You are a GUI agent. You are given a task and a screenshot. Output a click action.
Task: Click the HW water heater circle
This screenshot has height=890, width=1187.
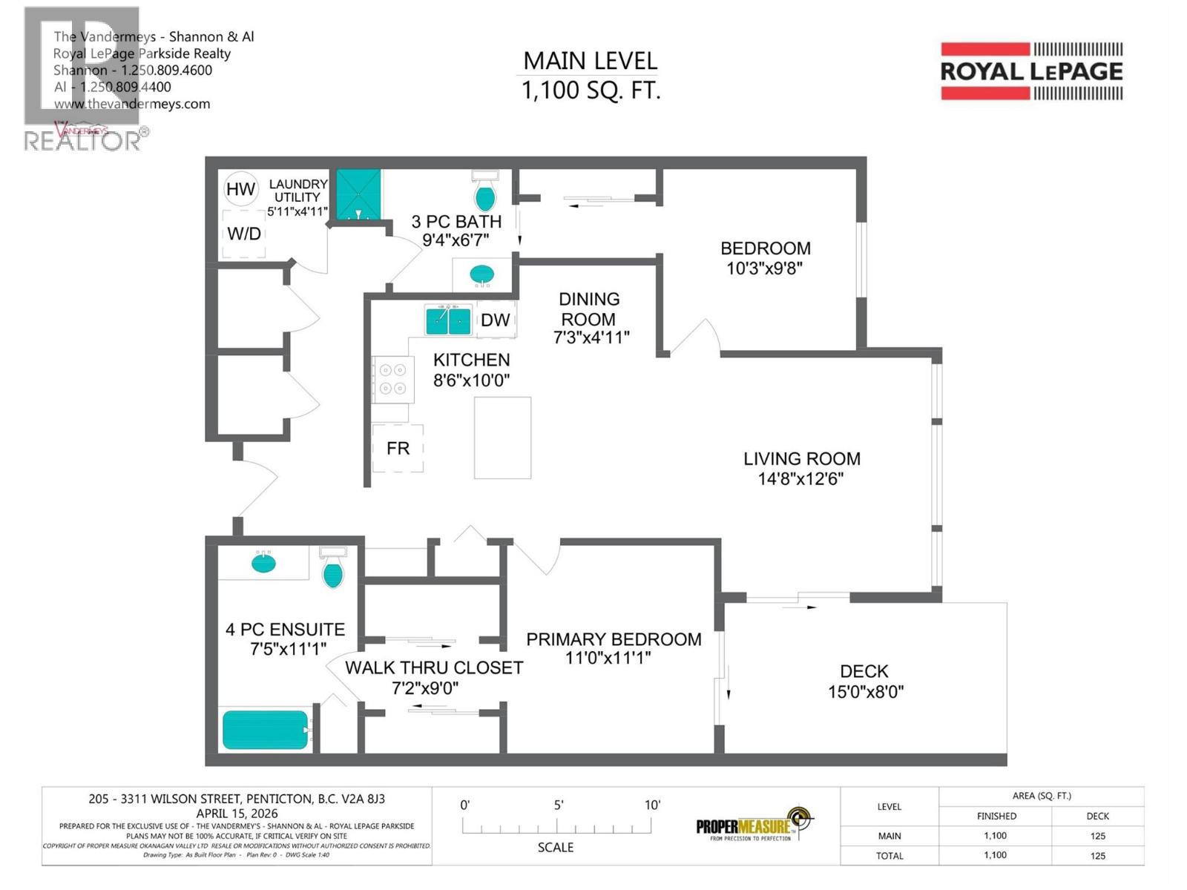point(240,189)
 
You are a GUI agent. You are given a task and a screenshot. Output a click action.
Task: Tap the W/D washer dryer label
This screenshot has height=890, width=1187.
point(244,234)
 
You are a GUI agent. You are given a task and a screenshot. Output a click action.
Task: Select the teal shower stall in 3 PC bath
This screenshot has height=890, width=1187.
point(359,195)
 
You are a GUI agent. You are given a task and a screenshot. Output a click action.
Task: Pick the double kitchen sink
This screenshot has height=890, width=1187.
point(448,320)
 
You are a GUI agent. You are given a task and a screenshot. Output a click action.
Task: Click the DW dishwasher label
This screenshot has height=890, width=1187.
point(495,320)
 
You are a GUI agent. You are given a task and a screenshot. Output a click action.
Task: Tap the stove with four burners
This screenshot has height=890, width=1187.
point(392,379)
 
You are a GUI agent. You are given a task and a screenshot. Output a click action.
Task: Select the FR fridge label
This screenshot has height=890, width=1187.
point(398,448)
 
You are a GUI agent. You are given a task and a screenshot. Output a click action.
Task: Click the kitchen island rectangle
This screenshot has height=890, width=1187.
point(502,438)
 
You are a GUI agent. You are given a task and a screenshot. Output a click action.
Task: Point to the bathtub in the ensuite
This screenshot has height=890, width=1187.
point(265,730)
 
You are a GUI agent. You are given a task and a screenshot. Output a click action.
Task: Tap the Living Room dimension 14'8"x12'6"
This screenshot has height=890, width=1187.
point(801,479)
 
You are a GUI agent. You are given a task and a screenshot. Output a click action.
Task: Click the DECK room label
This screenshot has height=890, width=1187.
point(864,671)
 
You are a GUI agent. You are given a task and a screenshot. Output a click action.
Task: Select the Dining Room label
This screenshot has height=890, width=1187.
point(588,309)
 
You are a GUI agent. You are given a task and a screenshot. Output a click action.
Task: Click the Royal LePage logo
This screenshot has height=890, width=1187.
point(1031,71)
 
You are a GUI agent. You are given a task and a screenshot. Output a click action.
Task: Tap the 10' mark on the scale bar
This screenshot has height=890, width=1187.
point(652,805)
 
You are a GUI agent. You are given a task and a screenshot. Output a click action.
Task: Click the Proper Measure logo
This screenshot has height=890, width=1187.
point(754,825)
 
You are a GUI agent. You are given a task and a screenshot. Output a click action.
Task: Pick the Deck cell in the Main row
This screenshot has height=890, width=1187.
point(1097,836)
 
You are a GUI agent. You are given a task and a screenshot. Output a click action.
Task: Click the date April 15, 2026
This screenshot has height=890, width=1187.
point(237,813)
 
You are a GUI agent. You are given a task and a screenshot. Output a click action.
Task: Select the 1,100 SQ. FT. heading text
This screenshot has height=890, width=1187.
point(591,90)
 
